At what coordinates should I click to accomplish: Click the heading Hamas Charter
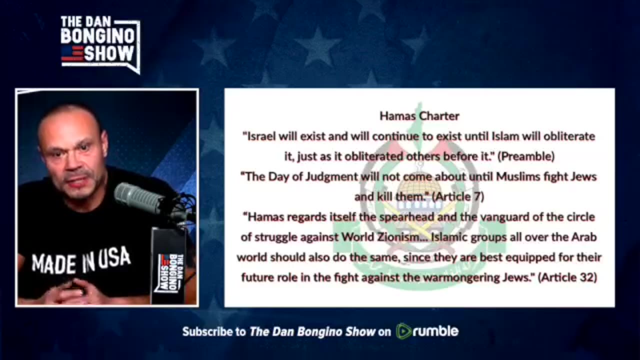point(419,116)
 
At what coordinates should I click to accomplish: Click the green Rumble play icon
point(404,331)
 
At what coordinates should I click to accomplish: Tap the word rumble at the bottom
point(435,331)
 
